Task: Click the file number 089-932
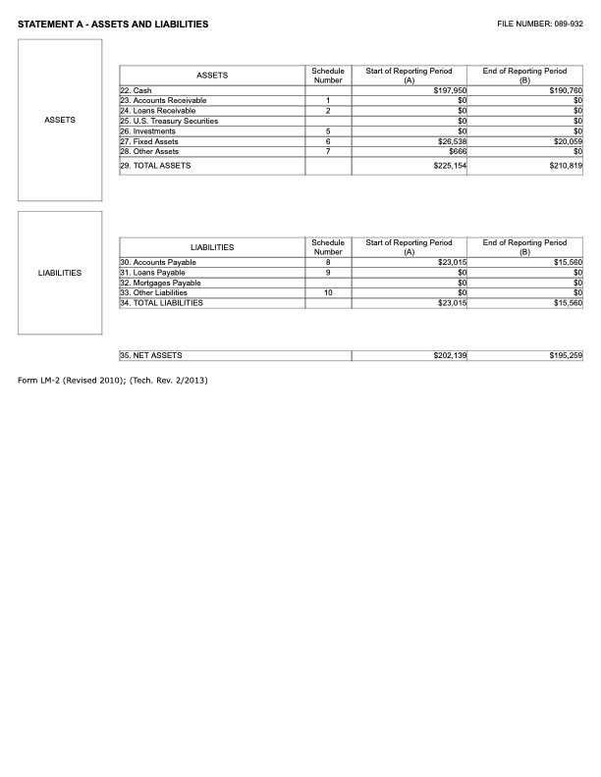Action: point(540,24)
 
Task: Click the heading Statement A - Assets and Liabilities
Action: point(113,24)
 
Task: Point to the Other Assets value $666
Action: point(457,152)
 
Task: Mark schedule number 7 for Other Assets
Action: point(327,152)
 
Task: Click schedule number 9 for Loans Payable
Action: point(327,273)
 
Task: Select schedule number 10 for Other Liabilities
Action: point(327,292)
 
